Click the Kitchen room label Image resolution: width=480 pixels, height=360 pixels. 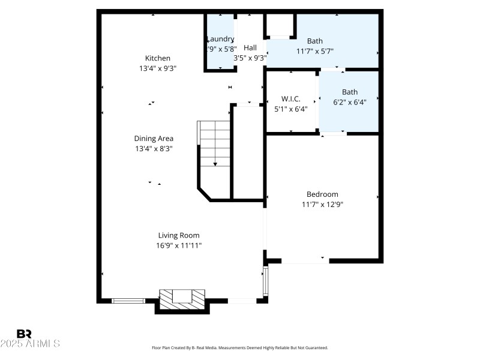click(158, 58)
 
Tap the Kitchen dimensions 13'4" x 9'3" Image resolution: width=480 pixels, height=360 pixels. click(158, 68)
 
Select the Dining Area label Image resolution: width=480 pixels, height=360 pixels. click(154, 139)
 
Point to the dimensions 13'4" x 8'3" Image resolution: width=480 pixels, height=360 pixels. click(154, 149)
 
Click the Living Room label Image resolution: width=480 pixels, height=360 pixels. click(179, 236)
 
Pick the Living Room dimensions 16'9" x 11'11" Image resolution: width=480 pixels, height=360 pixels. click(179, 245)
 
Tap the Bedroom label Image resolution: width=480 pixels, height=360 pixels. click(322, 194)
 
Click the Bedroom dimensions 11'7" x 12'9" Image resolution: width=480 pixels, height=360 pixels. click(322, 205)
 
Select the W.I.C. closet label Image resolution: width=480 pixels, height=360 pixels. click(291, 99)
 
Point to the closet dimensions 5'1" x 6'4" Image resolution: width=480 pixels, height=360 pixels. click(291, 109)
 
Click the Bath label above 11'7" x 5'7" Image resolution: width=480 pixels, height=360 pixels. click(315, 41)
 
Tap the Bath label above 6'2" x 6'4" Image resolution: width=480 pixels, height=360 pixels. click(350, 92)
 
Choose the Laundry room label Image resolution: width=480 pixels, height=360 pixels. click(220, 39)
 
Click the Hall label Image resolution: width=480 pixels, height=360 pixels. click(250, 48)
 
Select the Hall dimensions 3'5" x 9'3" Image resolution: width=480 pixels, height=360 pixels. click(250, 58)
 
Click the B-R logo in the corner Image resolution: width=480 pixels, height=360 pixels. click(24, 334)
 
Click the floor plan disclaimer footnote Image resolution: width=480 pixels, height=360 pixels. click(240, 348)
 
